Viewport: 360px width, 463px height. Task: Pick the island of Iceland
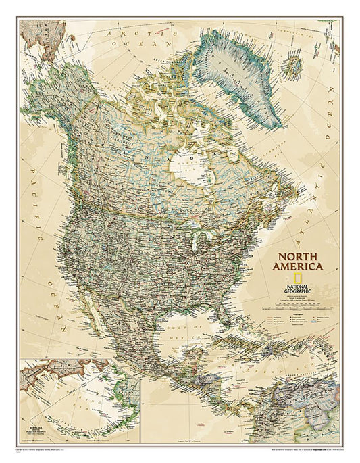(x=294, y=66)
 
